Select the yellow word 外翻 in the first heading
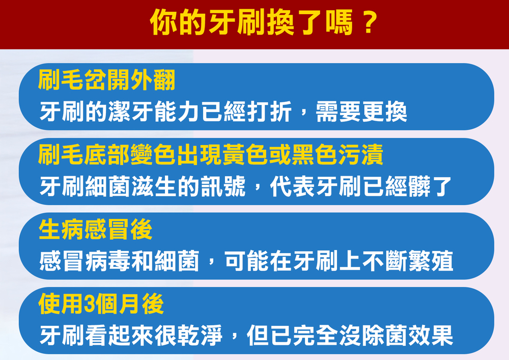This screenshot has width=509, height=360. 153,80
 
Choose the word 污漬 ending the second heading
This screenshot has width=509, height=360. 361,154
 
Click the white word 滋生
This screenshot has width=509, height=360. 154,186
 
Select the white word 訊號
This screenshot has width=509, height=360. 223,186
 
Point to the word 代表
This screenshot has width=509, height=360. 292,186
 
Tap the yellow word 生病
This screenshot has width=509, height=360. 62,229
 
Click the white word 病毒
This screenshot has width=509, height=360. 108,261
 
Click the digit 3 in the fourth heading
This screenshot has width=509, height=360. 89,304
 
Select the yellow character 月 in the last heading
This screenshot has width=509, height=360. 129,304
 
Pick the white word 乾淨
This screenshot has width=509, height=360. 200,336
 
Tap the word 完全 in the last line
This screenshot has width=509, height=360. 315,336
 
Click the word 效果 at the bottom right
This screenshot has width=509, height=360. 431,336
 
